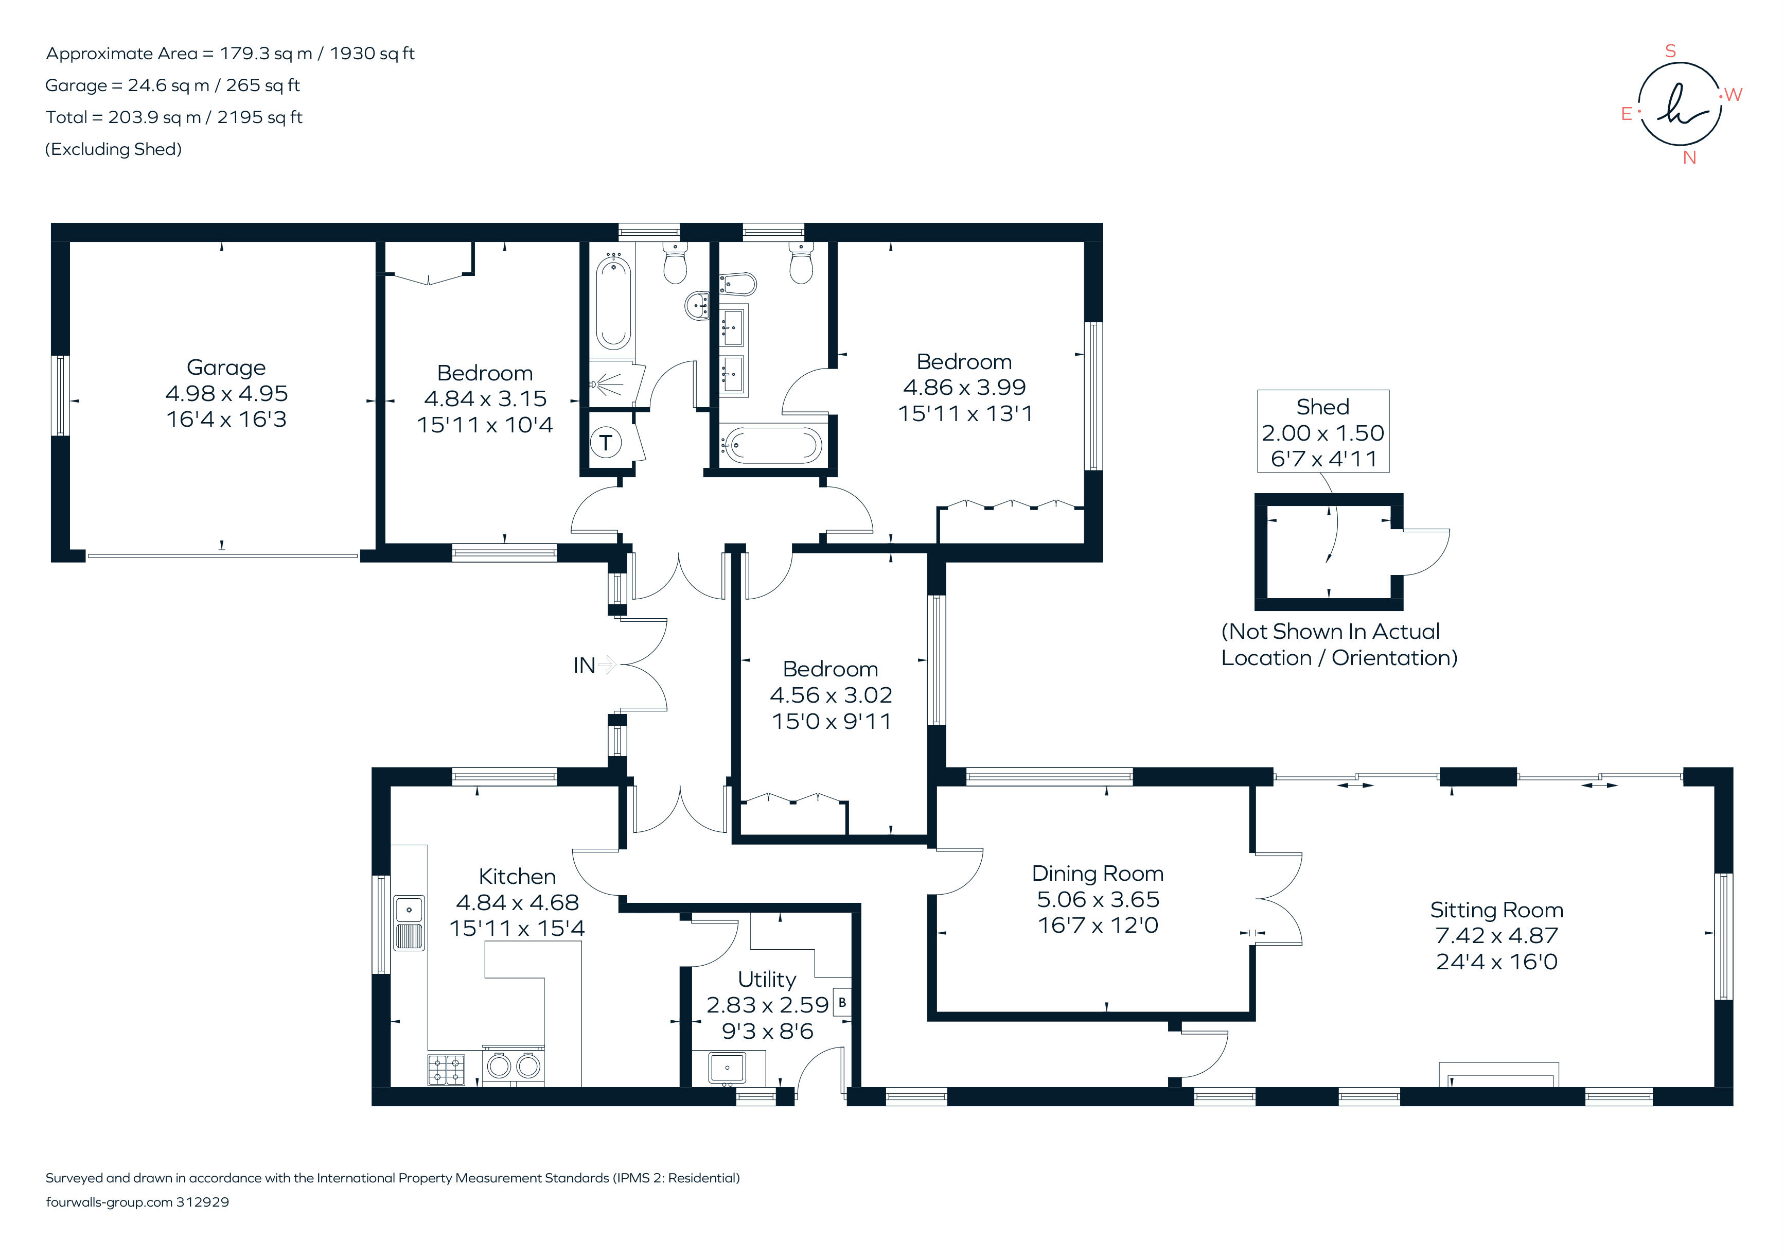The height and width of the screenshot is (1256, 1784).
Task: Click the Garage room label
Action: [226, 368]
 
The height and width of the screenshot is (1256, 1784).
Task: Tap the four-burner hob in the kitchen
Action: [446, 1070]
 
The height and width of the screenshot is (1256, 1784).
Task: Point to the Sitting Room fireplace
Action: [1498, 1076]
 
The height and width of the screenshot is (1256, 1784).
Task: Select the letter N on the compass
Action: [1688, 158]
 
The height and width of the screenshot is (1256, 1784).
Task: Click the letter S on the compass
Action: [1670, 51]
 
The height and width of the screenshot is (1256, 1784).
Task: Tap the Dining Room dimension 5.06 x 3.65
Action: [1097, 899]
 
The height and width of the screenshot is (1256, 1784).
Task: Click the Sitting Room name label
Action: [1496, 910]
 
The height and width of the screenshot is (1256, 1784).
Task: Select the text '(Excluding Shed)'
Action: [113, 149]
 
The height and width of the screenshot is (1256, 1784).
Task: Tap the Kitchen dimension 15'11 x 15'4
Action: [517, 928]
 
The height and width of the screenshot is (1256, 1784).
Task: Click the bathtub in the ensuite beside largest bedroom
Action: [771, 446]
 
